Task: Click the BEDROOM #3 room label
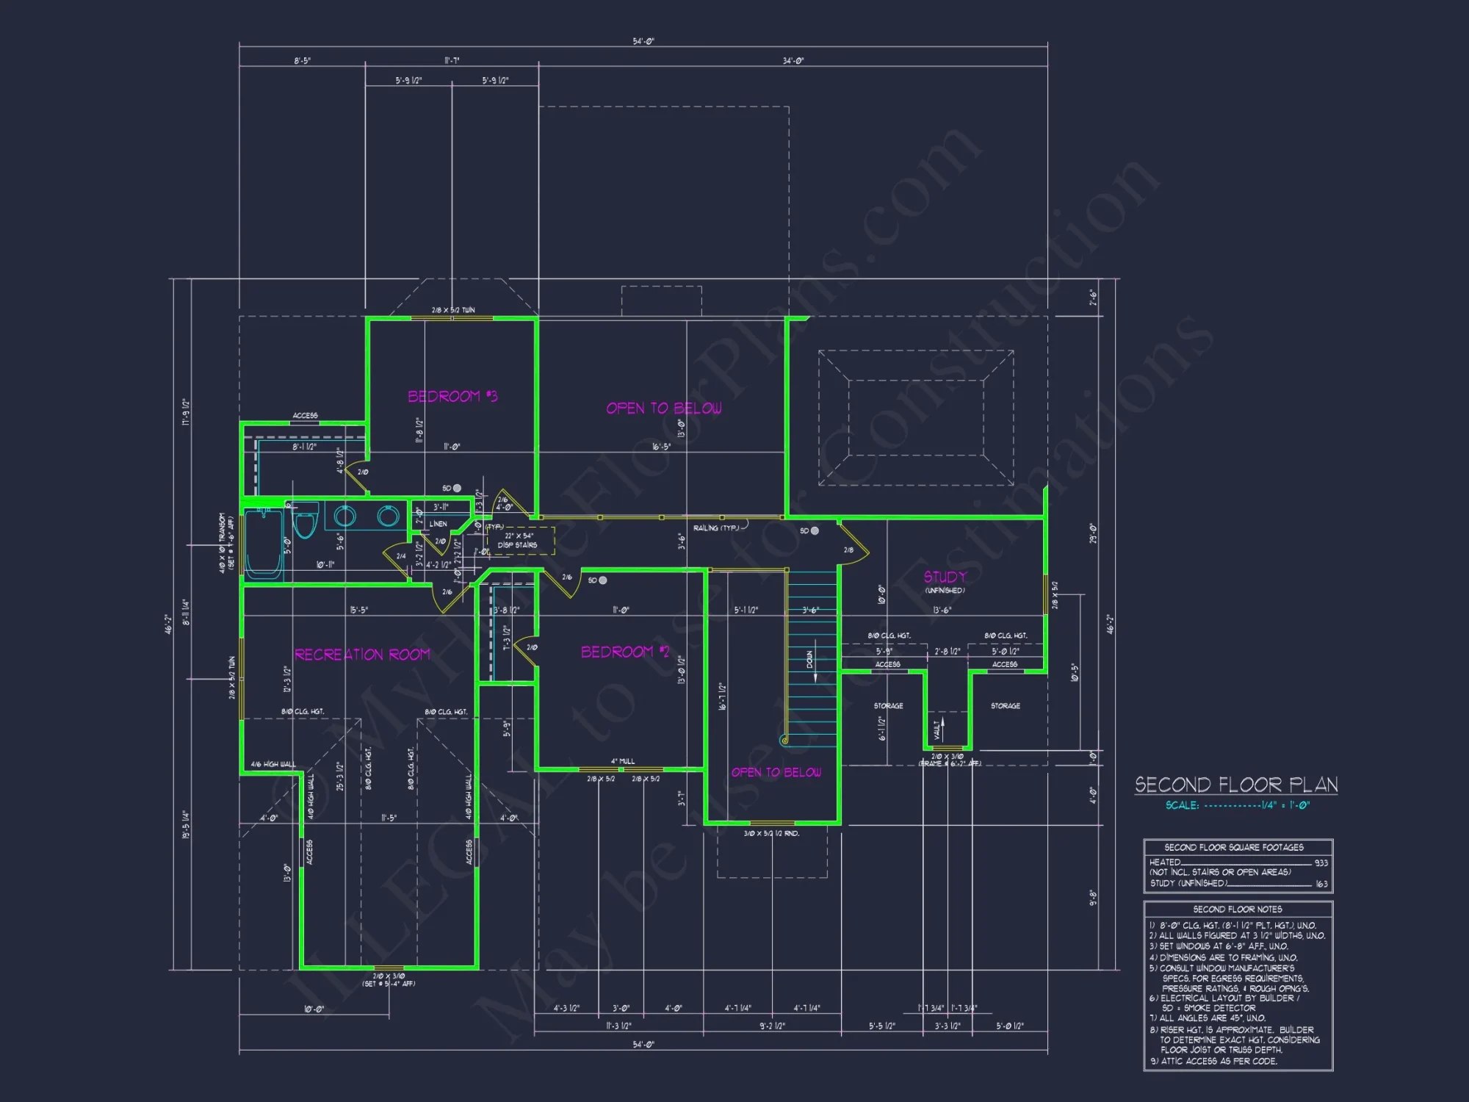click(x=452, y=397)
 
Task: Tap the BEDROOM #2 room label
click(x=625, y=652)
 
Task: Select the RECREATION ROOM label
click(x=362, y=655)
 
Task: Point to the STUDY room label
click(x=945, y=577)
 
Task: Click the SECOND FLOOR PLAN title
click(x=1236, y=785)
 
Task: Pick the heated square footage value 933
click(x=1321, y=863)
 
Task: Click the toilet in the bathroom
click(x=305, y=521)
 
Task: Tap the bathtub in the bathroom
click(x=263, y=544)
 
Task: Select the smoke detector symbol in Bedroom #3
click(x=457, y=489)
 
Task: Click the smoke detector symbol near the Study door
click(x=815, y=530)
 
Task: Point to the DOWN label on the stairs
click(x=810, y=660)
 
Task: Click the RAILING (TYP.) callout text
click(x=717, y=528)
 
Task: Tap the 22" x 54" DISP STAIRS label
click(x=518, y=541)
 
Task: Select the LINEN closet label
click(x=438, y=524)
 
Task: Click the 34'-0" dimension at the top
click(x=793, y=61)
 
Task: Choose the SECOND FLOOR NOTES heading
click(x=1238, y=910)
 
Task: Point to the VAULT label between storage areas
click(x=937, y=730)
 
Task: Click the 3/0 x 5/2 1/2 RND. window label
click(x=771, y=834)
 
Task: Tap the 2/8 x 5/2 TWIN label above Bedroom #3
click(x=453, y=310)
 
